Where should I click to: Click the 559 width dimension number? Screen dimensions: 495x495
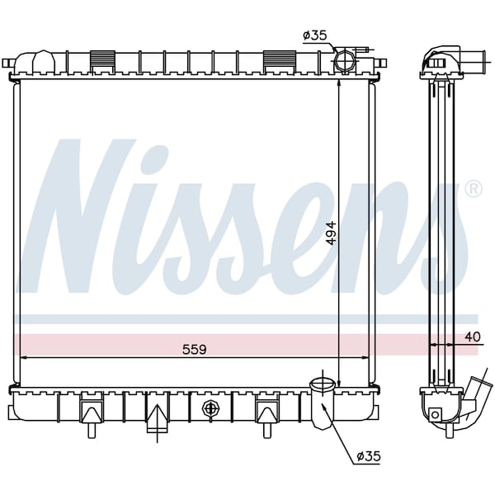tap(194, 349)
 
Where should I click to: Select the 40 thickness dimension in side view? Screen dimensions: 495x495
tap(472, 336)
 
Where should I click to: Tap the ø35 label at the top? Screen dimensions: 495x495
tap(315, 35)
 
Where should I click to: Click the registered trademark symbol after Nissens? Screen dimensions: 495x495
tap(474, 189)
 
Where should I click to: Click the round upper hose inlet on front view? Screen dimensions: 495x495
tap(345, 63)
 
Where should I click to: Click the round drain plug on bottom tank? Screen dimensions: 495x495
tap(210, 408)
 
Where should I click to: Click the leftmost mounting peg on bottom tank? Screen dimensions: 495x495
tap(91, 412)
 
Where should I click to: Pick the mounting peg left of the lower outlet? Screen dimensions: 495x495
tap(267, 412)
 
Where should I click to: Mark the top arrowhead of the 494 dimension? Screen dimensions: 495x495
tap(339, 83)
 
